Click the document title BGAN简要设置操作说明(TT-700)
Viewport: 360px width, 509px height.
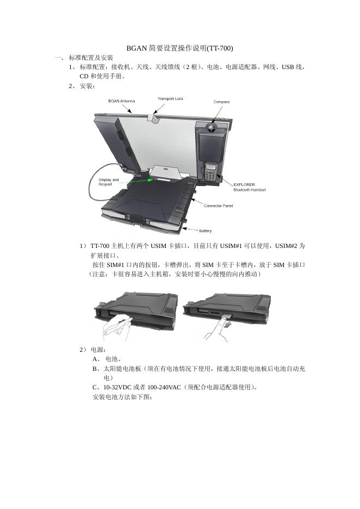pyautogui.click(x=179, y=48)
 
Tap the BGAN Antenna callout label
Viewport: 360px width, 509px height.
pyautogui.click(x=121, y=101)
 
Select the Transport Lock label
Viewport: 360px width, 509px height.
pyautogui.click(x=170, y=99)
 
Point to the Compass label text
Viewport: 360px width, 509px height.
pyautogui.click(x=221, y=102)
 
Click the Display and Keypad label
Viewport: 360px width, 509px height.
pyautogui.click(x=108, y=182)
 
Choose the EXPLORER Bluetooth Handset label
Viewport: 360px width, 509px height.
pyautogui.click(x=249, y=187)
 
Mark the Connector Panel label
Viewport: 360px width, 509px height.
pyautogui.click(x=218, y=206)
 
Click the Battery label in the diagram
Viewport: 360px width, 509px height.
pyautogui.click(x=205, y=231)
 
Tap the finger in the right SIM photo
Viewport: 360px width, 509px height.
pyautogui.click(x=220, y=329)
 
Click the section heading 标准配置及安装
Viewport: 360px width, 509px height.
pyautogui.click(x=91, y=58)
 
